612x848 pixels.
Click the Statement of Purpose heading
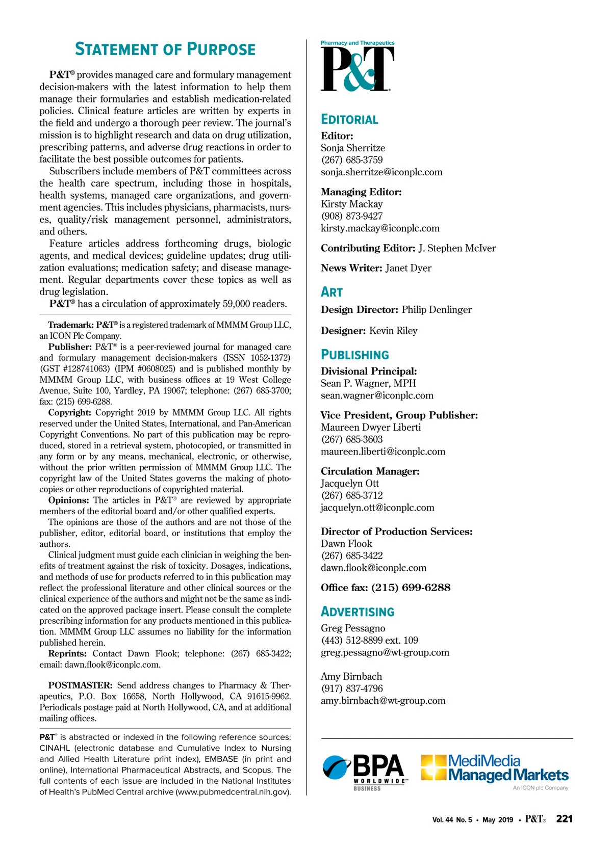(165, 49)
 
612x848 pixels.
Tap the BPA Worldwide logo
(365, 772)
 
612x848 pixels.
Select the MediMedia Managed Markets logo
(495, 770)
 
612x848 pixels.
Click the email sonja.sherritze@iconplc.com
(381, 172)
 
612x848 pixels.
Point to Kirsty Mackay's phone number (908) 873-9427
(352, 216)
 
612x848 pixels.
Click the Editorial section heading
(349, 120)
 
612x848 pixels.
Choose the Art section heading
(331, 292)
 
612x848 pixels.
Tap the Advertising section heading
(358, 612)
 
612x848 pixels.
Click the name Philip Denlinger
(437, 310)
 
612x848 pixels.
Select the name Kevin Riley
(393, 331)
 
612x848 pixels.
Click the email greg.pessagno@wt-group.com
(385, 652)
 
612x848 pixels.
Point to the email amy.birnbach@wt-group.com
(383, 701)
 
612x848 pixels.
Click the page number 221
(564, 818)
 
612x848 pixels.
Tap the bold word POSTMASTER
(80, 685)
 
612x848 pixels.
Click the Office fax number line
(386, 588)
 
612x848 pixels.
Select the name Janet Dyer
(408, 268)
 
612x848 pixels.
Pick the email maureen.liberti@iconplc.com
(383, 452)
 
